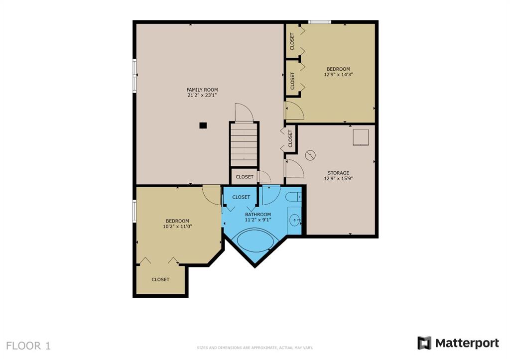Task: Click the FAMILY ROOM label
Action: (x=202, y=90)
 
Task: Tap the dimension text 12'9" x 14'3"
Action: (x=338, y=75)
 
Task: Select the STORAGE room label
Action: (x=338, y=173)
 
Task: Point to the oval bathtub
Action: (x=256, y=240)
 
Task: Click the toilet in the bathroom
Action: (x=293, y=197)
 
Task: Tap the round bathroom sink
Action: (x=296, y=220)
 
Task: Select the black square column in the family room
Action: (x=203, y=125)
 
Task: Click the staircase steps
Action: (x=244, y=145)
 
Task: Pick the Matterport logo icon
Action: (x=424, y=343)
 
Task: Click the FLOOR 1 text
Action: (x=28, y=346)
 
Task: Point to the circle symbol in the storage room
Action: (x=310, y=155)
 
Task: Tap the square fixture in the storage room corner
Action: (x=361, y=137)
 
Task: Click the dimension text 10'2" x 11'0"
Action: (x=177, y=227)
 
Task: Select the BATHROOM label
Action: (x=258, y=215)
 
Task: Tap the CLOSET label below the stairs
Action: (x=245, y=177)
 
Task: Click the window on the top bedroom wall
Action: (x=319, y=22)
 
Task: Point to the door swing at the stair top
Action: (x=244, y=113)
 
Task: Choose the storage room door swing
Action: (x=295, y=168)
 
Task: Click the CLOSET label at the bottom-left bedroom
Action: (x=160, y=280)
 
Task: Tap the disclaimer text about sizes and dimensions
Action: (x=255, y=348)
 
